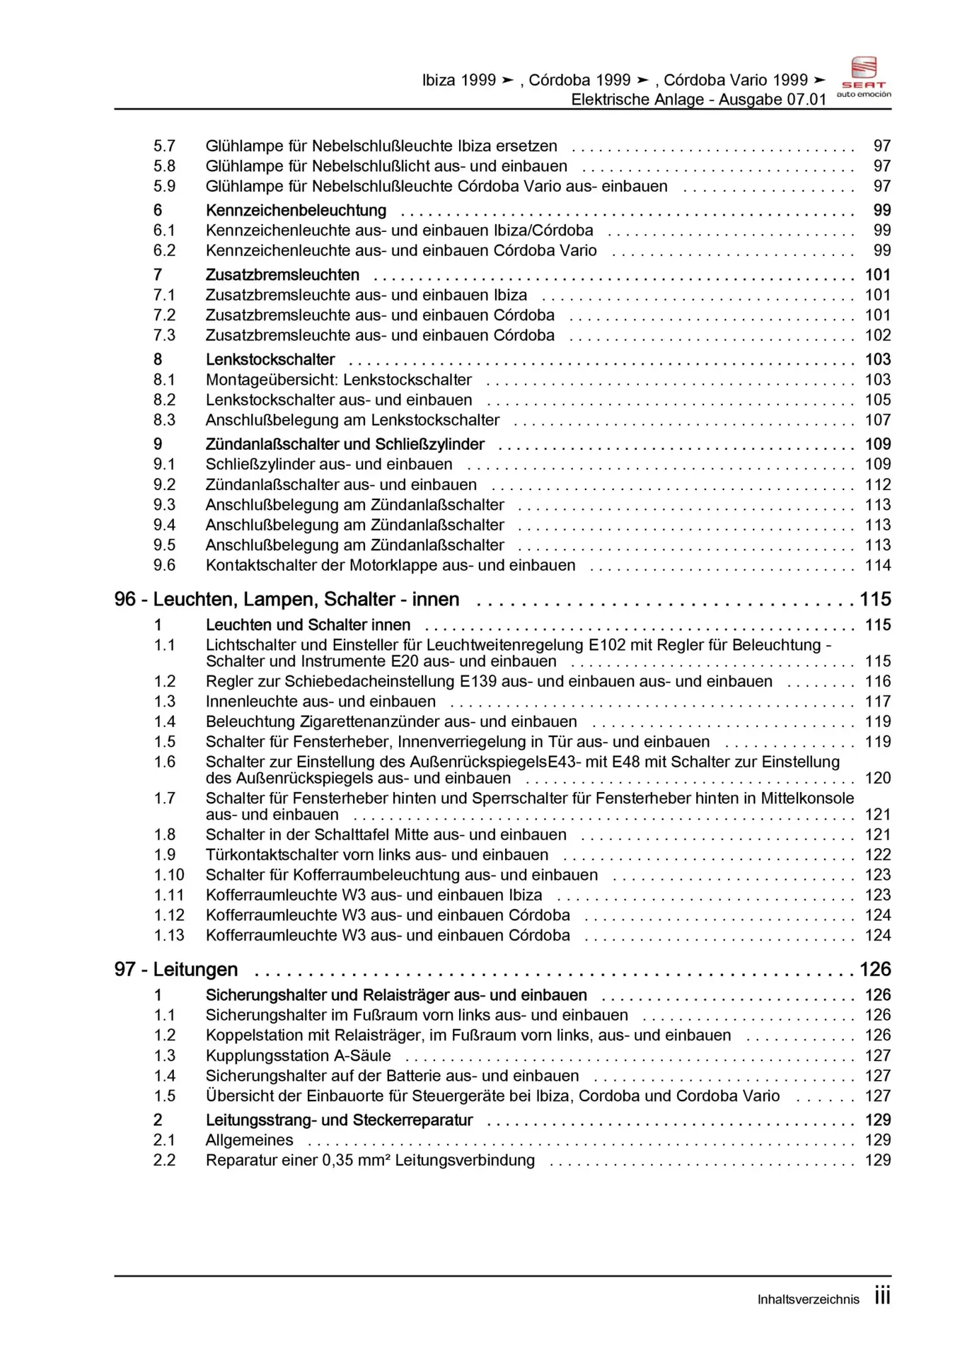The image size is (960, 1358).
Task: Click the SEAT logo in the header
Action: point(864,76)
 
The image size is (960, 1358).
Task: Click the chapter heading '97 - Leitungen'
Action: point(175,969)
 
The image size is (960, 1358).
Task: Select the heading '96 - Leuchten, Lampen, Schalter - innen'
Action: point(287,599)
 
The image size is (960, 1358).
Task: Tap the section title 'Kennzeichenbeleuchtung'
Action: point(296,210)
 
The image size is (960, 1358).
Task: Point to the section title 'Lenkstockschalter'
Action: point(270,359)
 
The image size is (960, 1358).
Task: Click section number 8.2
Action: point(164,400)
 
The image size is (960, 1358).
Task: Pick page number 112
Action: point(878,484)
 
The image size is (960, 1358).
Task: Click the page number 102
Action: point(878,335)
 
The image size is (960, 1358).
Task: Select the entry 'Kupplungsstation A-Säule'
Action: point(298,1055)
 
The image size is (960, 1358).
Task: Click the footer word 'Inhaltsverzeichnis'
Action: point(808,1299)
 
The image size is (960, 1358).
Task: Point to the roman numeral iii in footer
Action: point(882,1296)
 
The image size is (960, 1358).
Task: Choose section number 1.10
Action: point(169,875)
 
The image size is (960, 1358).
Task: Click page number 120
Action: point(878,778)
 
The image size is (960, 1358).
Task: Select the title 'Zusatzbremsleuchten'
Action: point(282,274)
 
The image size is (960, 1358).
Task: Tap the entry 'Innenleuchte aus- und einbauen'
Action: point(320,702)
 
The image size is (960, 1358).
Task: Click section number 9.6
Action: point(164,565)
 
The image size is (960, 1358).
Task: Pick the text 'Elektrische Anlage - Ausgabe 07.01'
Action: point(698,100)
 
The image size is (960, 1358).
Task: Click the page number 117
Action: point(878,702)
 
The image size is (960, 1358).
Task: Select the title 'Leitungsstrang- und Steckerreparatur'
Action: point(339,1120)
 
